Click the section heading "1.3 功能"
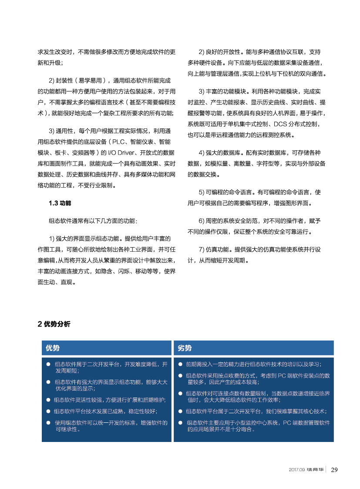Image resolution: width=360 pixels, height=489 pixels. (x=60, y=203)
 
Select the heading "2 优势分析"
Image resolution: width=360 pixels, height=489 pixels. (x=54, y=324)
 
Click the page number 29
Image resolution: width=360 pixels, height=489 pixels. (x=334, y=469)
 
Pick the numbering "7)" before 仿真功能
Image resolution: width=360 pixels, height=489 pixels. (x=202, y=250)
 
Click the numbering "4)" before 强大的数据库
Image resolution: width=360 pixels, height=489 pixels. (x=202, y=153)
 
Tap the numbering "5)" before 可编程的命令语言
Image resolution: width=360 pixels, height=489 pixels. (x=202, y=192)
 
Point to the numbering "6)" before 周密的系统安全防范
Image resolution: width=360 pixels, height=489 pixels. (x=202, y=221)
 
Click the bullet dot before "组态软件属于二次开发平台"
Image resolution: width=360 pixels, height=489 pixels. (x=49, y=364)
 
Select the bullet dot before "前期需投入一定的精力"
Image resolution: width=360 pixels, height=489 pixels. (x=180, y=364)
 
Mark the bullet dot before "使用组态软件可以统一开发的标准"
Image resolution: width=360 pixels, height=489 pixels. (x=49, y=422)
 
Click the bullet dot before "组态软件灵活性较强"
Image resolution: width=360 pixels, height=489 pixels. (x=49, y=400)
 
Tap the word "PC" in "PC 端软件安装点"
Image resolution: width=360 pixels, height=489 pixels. (x=282, y=375)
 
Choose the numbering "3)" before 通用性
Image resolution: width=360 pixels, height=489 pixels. (x=52, y=131)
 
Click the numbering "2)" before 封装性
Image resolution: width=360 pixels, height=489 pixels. (x=52, y=81)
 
